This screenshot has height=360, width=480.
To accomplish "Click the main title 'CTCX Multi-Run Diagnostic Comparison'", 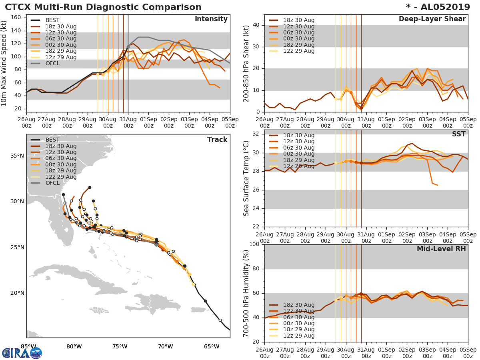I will click(x=103, y=7).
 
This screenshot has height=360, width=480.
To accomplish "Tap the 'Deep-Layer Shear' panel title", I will click(x=432, y=19).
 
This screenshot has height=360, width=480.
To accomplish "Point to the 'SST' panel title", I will click(x=459, y=134).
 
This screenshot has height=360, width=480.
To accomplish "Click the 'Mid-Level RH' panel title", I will click(x=441, y=249).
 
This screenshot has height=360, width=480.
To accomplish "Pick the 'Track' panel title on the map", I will click(x=217, y=140).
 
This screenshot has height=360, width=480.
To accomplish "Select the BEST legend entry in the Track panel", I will click(x=52, y=140).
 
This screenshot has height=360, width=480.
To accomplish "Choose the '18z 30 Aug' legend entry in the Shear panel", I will click(x=298, y=20).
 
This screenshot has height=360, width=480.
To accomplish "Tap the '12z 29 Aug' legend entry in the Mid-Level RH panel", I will click(x=298, y=336).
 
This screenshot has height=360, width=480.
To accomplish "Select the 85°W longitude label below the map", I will click(x=28, y=346).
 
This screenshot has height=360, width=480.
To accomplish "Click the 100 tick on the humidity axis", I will click(x=255, y=244).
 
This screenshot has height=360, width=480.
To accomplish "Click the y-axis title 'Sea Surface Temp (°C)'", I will click(x=246, y=178).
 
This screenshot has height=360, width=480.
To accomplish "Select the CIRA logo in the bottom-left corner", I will click(x=22, y=353).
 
